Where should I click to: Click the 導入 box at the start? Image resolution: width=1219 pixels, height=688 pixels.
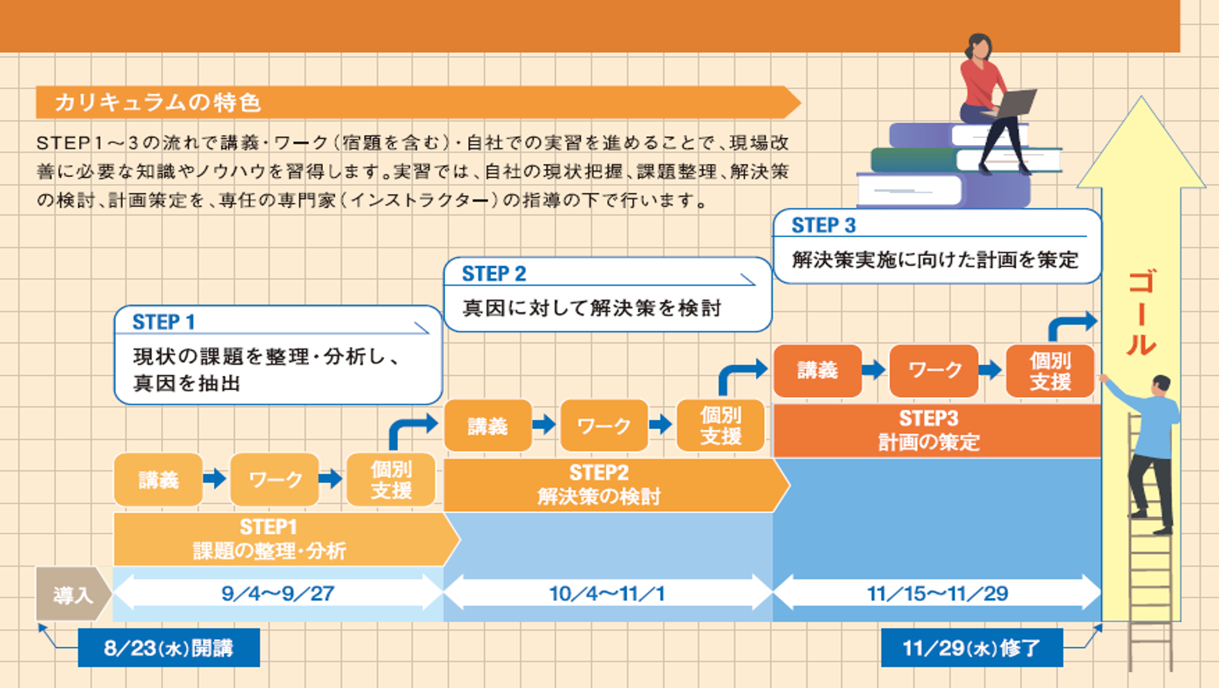click(x=72, y=594)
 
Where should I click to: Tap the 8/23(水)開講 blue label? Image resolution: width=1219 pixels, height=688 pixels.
click(x=169, y=648)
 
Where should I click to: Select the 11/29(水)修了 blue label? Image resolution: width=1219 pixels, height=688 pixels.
click(x=971, y=648)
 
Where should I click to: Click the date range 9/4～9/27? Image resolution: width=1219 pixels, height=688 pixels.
click(x=278, y=593)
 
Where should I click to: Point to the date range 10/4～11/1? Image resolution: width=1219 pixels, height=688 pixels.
click(x=607, y=593)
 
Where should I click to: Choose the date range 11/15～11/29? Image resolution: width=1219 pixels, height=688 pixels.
click(x=937, y=593)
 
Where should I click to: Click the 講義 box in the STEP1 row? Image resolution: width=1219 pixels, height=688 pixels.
click(x=159, y=480)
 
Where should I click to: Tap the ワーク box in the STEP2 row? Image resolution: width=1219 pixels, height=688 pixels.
click(x=604, y=426)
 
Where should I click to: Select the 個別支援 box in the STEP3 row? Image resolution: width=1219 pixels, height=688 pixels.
click(x=1050, y=371)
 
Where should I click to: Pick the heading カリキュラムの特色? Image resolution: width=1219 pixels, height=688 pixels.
click(x=158, y=102)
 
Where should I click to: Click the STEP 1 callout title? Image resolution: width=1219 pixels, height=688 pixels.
click(x=164, y=322)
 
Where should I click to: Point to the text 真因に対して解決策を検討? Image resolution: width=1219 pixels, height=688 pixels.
click(x=592, y=308)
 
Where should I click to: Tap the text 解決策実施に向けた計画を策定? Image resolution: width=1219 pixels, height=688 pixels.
click(x=934, y=260)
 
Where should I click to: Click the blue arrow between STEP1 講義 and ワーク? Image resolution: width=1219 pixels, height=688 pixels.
click(x=215, y=479)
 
